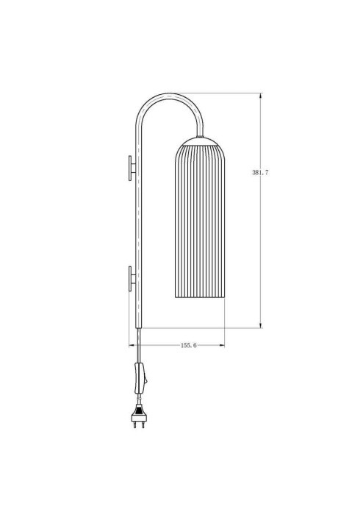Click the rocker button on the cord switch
coord(145,379)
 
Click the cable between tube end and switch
coord(137,346)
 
